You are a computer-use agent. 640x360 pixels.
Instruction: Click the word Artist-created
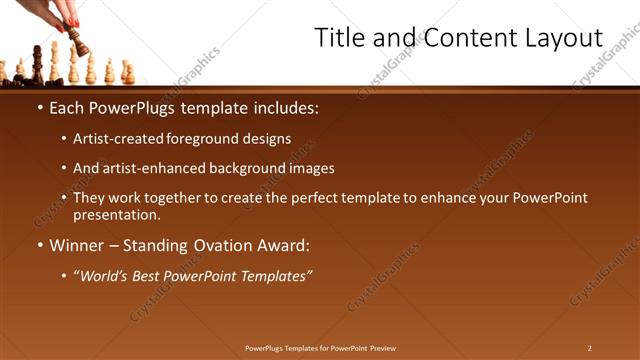pos(111,139)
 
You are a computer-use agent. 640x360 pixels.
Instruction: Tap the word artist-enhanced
pos(149,169)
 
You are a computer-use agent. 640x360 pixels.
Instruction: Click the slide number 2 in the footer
pos(589,348)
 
